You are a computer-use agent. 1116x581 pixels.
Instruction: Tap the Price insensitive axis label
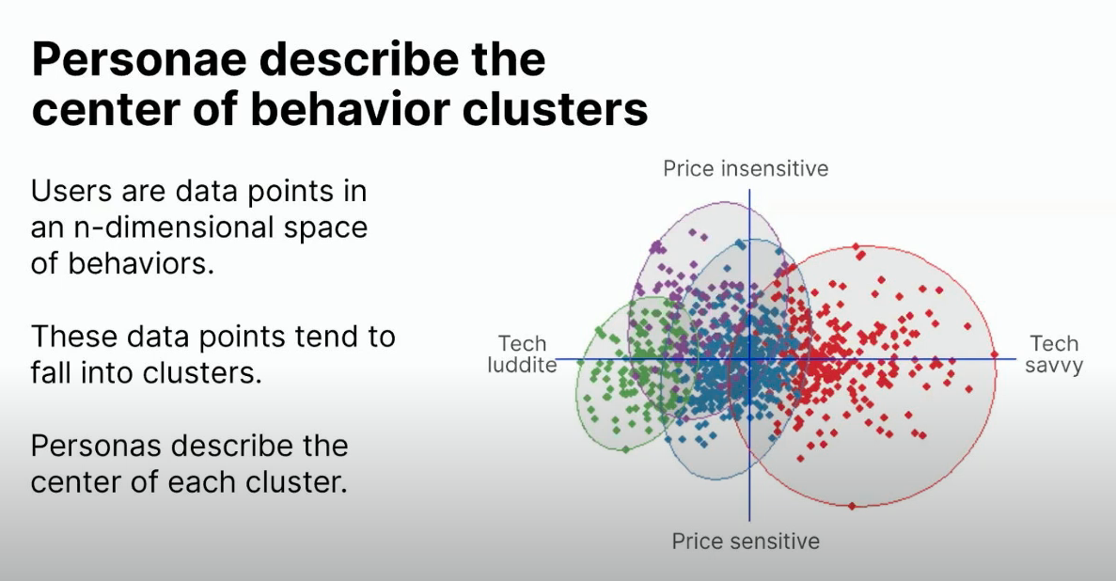click(x=746, y=168)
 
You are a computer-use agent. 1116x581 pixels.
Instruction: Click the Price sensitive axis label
click(x=746, y=542)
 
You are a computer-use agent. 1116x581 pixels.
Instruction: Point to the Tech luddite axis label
click(x=522, y=354)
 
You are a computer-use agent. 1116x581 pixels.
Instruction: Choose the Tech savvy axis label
click(x=1054, y=354)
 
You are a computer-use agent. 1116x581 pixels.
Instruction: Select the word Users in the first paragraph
click(x=71, y=191)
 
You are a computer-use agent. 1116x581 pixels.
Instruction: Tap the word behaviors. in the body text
click(x=141, y=263)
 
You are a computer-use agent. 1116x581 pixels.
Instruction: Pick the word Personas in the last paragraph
click(x=96, y=446)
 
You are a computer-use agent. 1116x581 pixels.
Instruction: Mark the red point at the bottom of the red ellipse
click(x=853, y=506)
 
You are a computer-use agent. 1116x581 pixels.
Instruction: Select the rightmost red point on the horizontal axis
click(x=995, y=354)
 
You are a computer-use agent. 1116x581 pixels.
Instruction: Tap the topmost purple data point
click(x=693, y=231)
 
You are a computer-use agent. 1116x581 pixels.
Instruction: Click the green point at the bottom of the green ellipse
click(x=625, y=449)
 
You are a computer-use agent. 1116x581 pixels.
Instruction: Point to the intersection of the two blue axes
click(x=748, y=359)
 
